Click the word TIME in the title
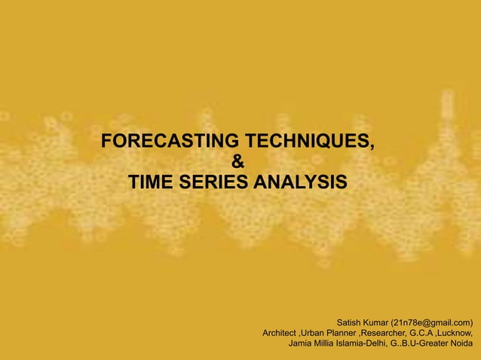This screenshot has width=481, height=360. click(154, 182)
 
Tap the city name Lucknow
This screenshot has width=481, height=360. click(461, 333)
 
